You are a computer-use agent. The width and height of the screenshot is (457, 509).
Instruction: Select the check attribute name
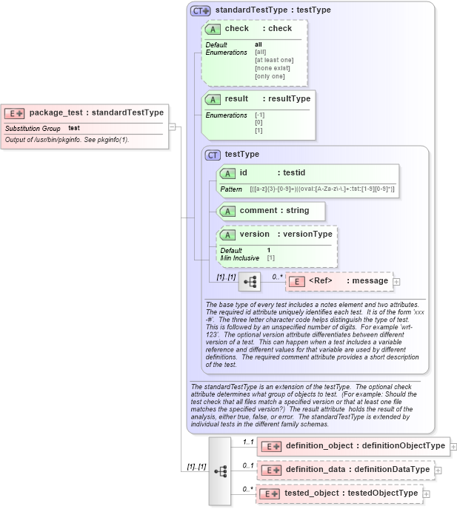pyautogui.click(x=237, y=29)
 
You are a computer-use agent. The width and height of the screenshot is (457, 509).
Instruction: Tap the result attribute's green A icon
pyautogui.click(x=213, y=99)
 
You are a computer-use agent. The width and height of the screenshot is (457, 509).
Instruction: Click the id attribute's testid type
pyautogui.click(x=299, y=172)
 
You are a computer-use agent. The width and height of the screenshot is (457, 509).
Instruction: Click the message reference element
pyautogui.click(x=339, y=281)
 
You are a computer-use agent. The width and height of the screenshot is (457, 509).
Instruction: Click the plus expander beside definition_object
pyautogui.click(x=453, y=447)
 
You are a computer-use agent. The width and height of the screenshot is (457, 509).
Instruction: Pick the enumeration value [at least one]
pyautogui.click(x=274, y=60)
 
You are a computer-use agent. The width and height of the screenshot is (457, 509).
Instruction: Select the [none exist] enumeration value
pyautogui.click(x=273, y=68)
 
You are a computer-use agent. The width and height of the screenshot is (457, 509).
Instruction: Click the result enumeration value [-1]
pyautogui.click(x=259, y=115)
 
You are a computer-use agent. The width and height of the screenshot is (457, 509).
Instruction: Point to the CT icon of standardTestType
pyautogui.click(x=200, y=10)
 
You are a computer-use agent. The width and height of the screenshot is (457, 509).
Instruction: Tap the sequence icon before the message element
pyautogui.click(x=250, y=282)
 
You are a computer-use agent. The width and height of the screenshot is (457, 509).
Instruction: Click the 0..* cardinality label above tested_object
pyautogui.click(x=248, y=489)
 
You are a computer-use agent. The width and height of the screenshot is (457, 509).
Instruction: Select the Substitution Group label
pyautogui.click(x=33, y=129)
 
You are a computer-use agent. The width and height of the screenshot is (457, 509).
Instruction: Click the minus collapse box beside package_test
pyautogui.click(x=172, y=127)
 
